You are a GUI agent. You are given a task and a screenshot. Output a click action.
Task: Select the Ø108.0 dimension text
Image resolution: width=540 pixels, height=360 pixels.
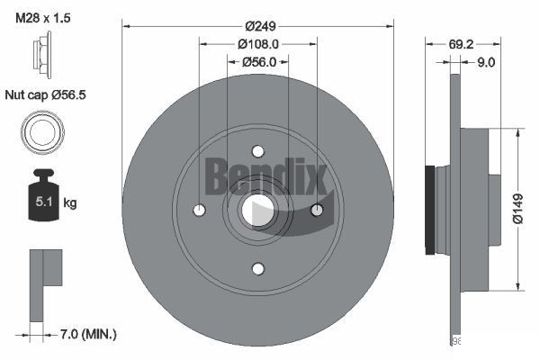point(257,43)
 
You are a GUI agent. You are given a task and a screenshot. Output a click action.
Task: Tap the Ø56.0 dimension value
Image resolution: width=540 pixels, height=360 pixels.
point(257,62)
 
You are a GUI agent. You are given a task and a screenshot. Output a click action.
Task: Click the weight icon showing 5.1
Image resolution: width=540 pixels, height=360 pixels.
point(41,199)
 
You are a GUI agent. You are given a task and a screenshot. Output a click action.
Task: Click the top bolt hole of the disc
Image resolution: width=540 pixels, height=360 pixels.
point(257,151)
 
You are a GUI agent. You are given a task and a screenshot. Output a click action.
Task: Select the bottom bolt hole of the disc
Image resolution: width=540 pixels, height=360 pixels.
point(257,268)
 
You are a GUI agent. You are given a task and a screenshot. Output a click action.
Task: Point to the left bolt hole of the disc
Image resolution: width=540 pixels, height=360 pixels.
point(200,211)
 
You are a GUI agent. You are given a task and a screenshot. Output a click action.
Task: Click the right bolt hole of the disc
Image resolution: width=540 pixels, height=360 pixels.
point(316,210)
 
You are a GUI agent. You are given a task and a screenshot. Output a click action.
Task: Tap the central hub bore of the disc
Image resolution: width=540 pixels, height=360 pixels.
point(257,211)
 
